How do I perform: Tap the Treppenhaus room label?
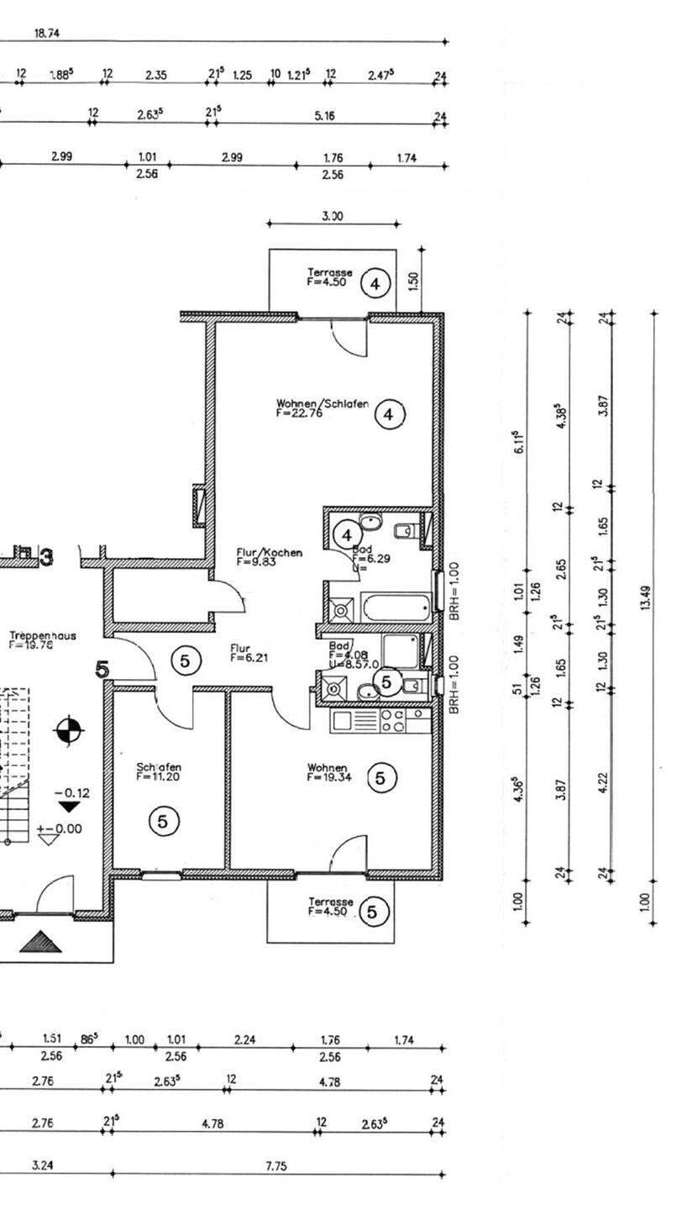(42, 640)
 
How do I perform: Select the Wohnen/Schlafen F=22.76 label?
(322, 408)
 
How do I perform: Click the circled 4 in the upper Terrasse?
(375, 285)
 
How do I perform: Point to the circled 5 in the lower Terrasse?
(375, 911)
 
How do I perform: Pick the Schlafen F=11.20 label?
(159, 771)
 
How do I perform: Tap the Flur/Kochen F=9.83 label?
(269, 558)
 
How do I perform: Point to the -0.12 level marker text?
(71, 792)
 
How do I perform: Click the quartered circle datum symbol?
(68, 730)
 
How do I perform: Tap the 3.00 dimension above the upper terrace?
(333, 216)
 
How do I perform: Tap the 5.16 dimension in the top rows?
(324, 116)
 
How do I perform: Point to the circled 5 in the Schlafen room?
(163, 820)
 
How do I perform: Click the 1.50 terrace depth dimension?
(412, 281)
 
